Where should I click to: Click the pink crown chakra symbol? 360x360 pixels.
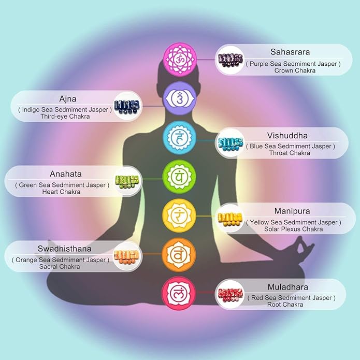pyautogui.click(x=180, y=59)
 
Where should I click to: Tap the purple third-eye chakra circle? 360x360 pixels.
pyautogui.click(x=180, y=98)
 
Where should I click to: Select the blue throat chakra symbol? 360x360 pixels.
pyautogui.click(x=180, y=137)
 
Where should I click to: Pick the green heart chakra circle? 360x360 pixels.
pyautogui.click(x=179, y=177)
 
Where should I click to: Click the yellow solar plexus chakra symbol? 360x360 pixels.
pyautogui.click(x=179, y=215)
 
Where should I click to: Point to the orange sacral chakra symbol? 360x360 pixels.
pyautogui.click(x=179, y=255)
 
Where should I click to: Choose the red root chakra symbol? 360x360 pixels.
pyautogui.click(x=179, y=293)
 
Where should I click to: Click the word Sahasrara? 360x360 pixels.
pyautogui.click(x=290, y=52)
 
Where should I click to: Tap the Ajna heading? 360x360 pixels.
pyautogui.click(x=68, y=99)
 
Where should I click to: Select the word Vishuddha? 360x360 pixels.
pyautogui.click(x=287, y=136)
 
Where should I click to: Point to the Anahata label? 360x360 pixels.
pyautogui.click(x=66, y=174)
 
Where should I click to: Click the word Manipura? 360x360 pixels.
pyautogui.click(x=292, y=211)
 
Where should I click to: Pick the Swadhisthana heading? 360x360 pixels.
pyautogui.click(x=65, y=249)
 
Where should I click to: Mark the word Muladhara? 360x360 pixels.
pyautogui.click(x=288, y=287)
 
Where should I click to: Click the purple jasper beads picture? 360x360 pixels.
pyautogui.click(x=231, y=60)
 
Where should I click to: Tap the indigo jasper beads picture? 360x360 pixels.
pyautogui.click(x=127, y=107)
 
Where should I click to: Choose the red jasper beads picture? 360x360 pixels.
pyautogui.click(x=231, y=295)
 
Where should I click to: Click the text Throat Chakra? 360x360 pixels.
pyautogui.click(x=290, y=153)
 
